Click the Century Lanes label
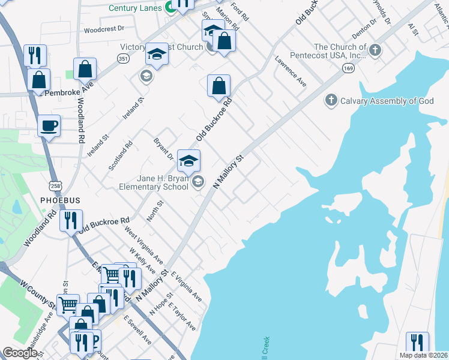tap(135, 8)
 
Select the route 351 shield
tap(123, 58)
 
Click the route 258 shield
tap(55, 185)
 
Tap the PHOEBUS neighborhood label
tap(60, 199)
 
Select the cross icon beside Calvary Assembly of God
tap(331, 100)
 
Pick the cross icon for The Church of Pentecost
tap(376, 50)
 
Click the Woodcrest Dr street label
tap(103, 28)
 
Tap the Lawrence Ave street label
tap(291, 72)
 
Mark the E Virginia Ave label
tap(185, 286)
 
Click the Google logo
tap(20, 353)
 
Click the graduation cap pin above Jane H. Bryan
tap(188, 160)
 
